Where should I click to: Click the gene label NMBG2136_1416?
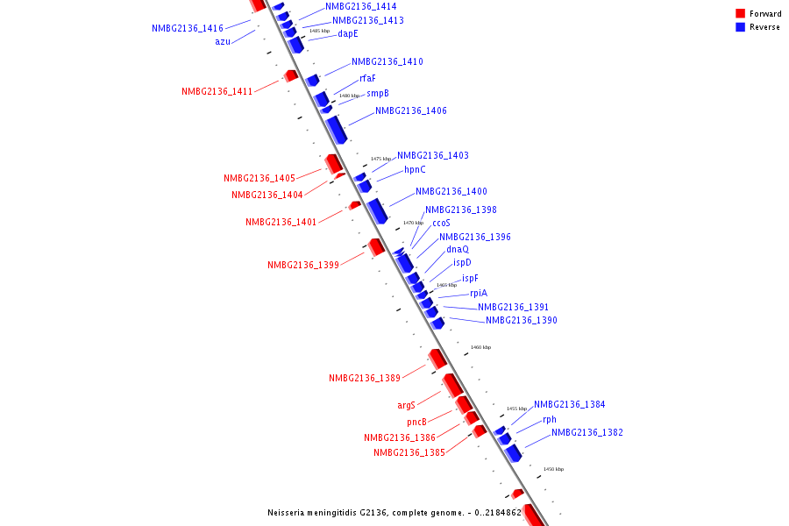click(188, 29)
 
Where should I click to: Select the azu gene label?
click(223, 42)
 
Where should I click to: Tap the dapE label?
click(348, 34)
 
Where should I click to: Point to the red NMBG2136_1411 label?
click(217, 92)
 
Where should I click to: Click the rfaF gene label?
click(367, 79)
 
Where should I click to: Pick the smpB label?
click(378, 94)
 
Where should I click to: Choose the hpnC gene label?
click(415, 170)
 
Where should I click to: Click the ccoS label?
click(441, 224)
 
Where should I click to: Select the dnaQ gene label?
click(458, 250)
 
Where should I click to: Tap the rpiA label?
click(479, 294)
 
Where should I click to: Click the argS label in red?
click(406, 406)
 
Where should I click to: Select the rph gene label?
click(550, 420)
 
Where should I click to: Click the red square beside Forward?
click(740, 14)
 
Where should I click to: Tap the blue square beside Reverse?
click(740, 27)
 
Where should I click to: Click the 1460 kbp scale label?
click(480, 348)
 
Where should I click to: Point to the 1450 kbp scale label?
click(553, 470)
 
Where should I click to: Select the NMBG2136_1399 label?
click(303, 266)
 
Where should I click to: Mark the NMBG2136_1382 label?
click(587, 433)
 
